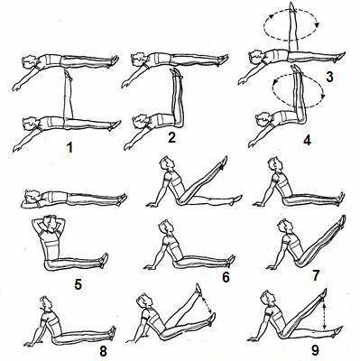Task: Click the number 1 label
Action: point(69,147)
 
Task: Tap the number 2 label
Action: point(171,137)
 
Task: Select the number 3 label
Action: point(329,77)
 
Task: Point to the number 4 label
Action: point(307,141)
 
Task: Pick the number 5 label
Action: point(78,284)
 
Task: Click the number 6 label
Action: point(226,277)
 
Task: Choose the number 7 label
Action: point(315,275)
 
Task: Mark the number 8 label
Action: point(103,351)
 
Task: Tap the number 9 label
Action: point(315,350)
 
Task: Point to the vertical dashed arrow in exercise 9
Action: point(325,316)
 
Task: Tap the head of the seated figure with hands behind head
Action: point(50,222)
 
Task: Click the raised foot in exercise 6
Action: point(225,161)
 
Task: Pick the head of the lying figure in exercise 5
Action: point(31,196)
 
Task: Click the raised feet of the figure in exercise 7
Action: point(342,220)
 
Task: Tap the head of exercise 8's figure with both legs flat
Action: point(45,303)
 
